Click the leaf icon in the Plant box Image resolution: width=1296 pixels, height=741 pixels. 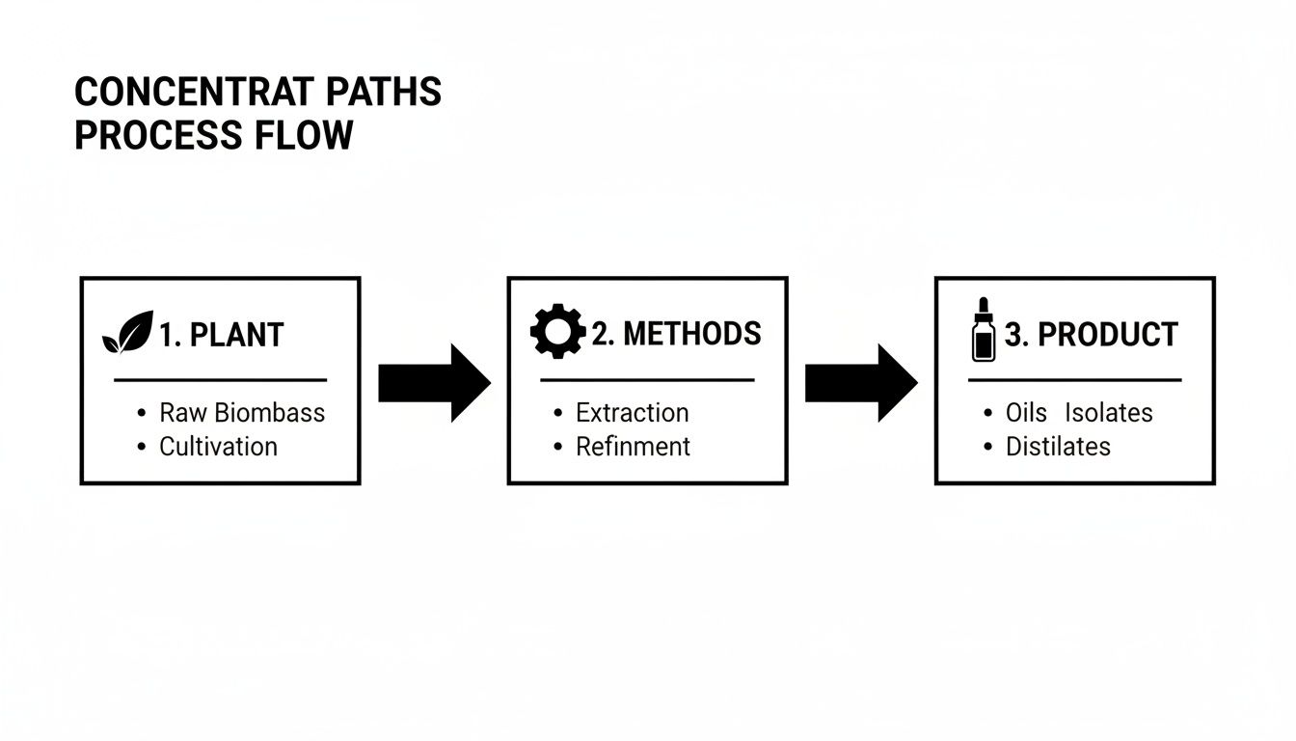pos(127,333)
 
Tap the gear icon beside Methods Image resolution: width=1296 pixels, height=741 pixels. pos(557,333)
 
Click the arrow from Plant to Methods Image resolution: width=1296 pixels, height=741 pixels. pos(433,383)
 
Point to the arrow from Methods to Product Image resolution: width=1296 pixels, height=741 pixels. pos(860,383)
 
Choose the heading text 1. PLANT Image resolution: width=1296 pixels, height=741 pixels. pos(221,336)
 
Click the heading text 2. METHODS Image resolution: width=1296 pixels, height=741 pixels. pos(676,334)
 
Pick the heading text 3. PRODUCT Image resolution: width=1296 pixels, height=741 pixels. pos(1091,335)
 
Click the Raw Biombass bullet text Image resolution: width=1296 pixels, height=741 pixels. pos(242,413)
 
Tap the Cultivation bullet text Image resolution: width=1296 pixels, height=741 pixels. pos(218,447)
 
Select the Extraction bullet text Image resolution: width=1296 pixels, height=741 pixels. pos(632,413)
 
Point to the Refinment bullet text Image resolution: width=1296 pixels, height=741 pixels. pos(633,447)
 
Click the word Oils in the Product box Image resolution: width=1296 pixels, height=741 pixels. pos(1025,413)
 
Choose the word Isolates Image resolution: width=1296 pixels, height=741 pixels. pos(1108,413)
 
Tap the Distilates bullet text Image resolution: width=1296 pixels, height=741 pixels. pos(1058,447)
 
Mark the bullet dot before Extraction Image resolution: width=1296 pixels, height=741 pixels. pos(558,413)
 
